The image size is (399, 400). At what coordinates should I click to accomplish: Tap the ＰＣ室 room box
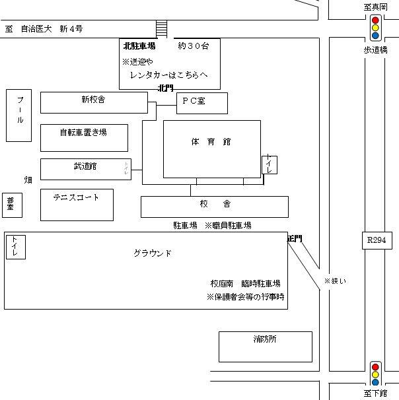pyautogui.click(x=201, y=103)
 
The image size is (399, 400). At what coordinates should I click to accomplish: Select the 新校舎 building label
pyautogui.click(x=93, y=100)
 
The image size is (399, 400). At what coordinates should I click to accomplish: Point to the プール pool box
pyautogui.click(x=19, y=116)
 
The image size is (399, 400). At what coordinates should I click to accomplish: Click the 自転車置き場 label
pyautogui.click(x=83, y=132)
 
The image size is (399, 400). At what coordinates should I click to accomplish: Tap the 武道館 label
pyautogui.click(x=85, y=166)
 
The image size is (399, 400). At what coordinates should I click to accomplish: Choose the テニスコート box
pyautogui.click(x=76, y=197)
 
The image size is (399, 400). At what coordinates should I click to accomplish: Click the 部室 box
pyautogui.click(x=11, y=205)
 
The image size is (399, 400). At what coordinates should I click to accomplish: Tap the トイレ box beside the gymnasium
pyautogui.click(x=270, y=164)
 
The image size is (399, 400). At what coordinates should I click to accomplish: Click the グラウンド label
pyautogui.click(x=153, y=253)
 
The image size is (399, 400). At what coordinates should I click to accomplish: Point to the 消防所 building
pyautogui.click(x=265, y=340)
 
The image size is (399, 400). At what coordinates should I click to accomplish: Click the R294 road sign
pyautogui.click(x=376, y=240)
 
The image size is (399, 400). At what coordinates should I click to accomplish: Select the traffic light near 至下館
pyautogui.click(x=375, y=374)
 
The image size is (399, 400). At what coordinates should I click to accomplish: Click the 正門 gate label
pyautogui.click(x=294, y=239)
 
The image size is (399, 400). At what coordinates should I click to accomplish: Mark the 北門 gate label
pyautogui.click(x=165, y=88)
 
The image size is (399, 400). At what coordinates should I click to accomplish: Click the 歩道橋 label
pyautogui.click(x=375, y=50)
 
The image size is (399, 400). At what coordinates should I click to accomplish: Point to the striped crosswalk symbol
pyautogui.click(x=161, y=29)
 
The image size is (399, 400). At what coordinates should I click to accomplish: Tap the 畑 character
pyautogui.click(x=28, y=180)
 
